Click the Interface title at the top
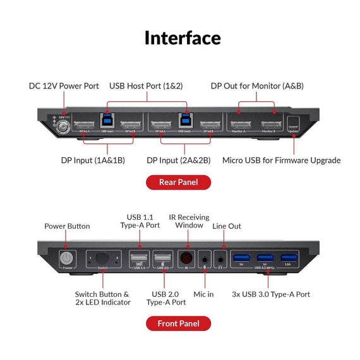click(183, 38)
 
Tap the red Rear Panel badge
click(178, 183)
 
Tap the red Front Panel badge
click(178, 323)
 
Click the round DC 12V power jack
click(64, 126)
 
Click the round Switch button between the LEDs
click(102, 259)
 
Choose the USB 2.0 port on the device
click(162, 259)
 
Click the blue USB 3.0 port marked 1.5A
click(288, 256)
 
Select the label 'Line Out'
click(226, 226)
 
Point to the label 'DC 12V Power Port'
click(64, 86)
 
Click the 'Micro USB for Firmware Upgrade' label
click(281, 160)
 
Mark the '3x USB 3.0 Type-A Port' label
click(270, 294)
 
